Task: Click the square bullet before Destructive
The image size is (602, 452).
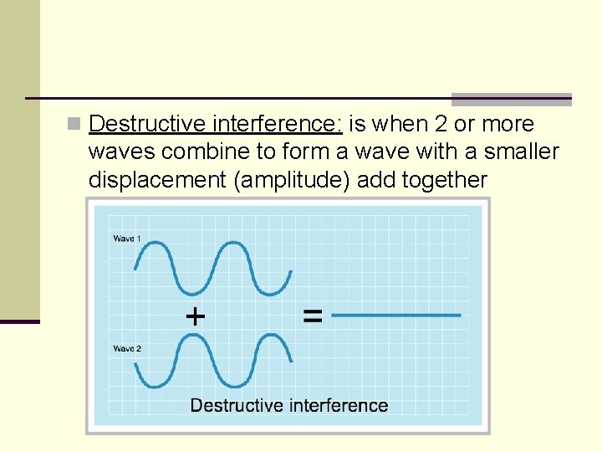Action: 74,125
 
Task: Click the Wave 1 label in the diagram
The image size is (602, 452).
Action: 127,239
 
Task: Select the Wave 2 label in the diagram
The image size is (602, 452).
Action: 127,348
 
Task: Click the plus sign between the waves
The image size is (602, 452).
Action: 194,316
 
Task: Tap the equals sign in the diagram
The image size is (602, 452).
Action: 312,316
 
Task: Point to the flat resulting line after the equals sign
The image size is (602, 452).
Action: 396,316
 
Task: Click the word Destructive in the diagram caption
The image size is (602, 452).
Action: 237,406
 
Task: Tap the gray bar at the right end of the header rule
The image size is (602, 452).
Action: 511,99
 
